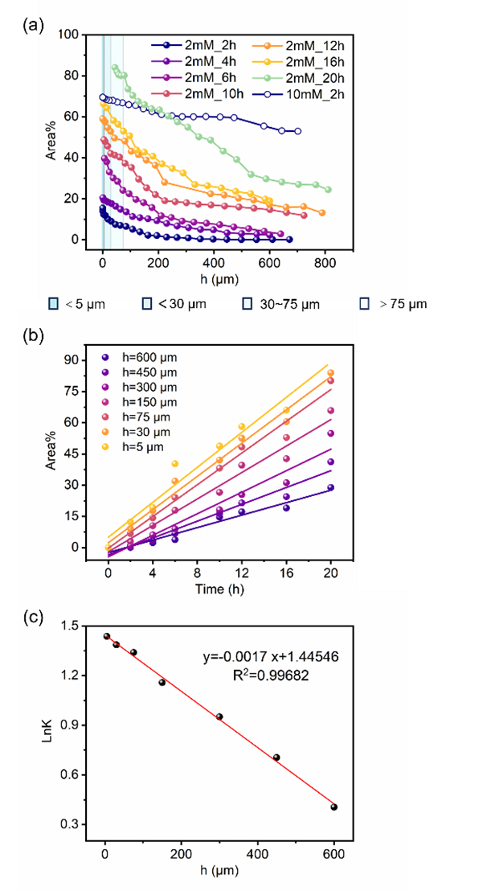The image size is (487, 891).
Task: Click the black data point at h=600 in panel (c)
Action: pyautogui.click(x=334, y=807)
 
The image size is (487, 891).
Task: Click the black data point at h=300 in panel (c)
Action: pyautogui.click(x=219, y=716)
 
